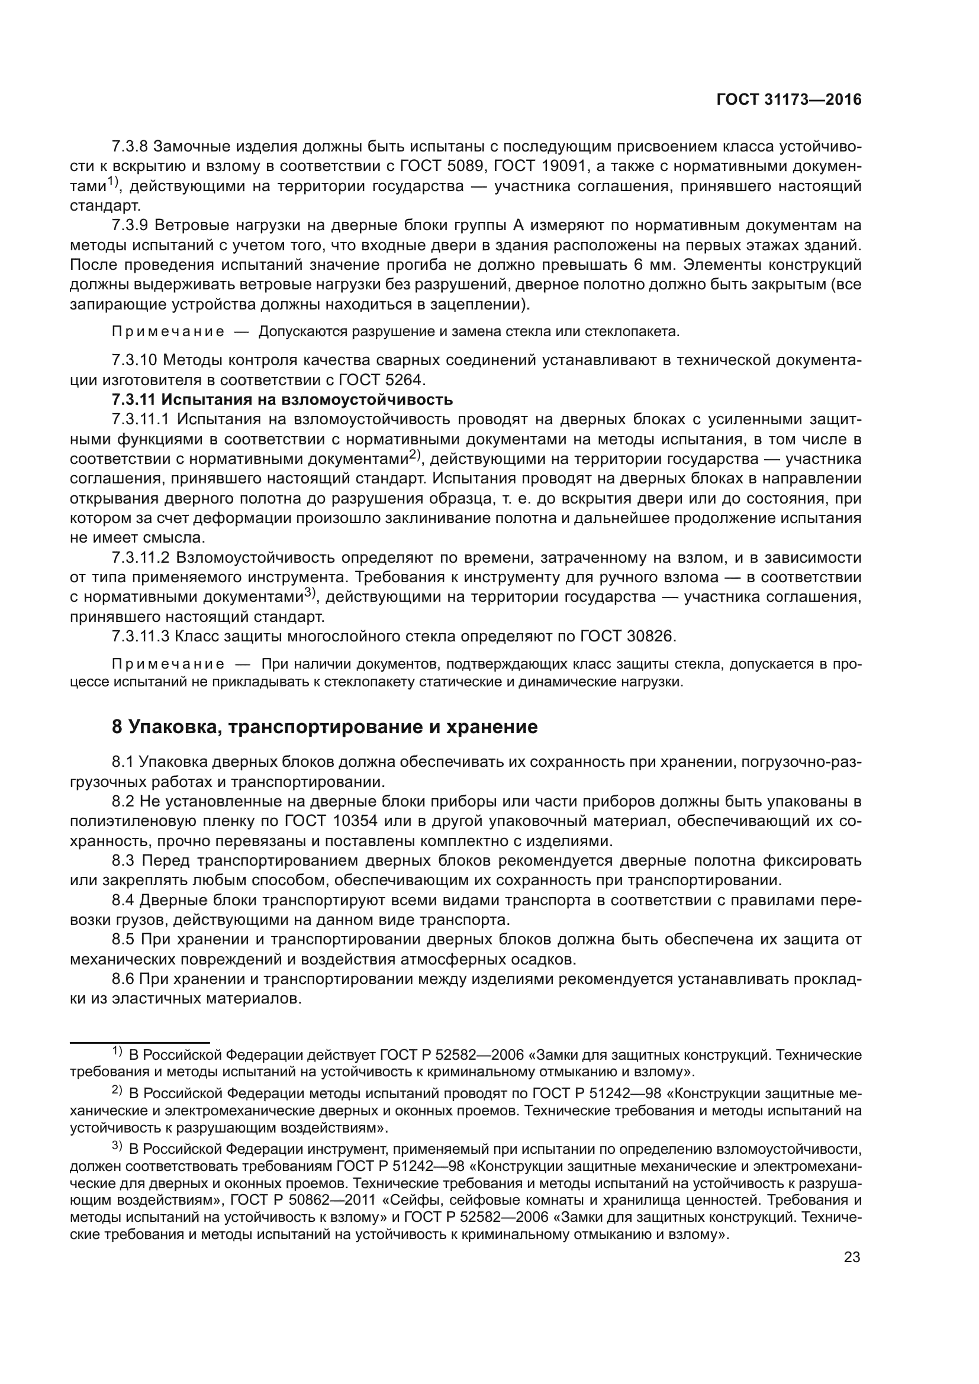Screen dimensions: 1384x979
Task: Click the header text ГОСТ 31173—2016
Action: pyautogui.click(x=788, y=100)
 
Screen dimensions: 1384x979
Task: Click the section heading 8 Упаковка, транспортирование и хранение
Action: pyautogui.click(x=324, y=727)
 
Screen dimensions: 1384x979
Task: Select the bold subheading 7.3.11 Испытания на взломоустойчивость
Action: pyautogui.click(x=282, y=399)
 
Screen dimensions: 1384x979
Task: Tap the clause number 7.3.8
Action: pyautogui.click(x=130, y=147)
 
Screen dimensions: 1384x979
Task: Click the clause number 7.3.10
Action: pyautogui.click(x=134, y=360)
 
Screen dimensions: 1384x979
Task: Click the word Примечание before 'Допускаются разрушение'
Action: pyautogui.click(x=168, y=331)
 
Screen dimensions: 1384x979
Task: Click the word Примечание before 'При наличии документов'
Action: pyautogui.click(x=168, y=664)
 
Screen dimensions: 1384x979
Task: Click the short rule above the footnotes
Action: pyautogui.click(x=139, y=1041)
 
